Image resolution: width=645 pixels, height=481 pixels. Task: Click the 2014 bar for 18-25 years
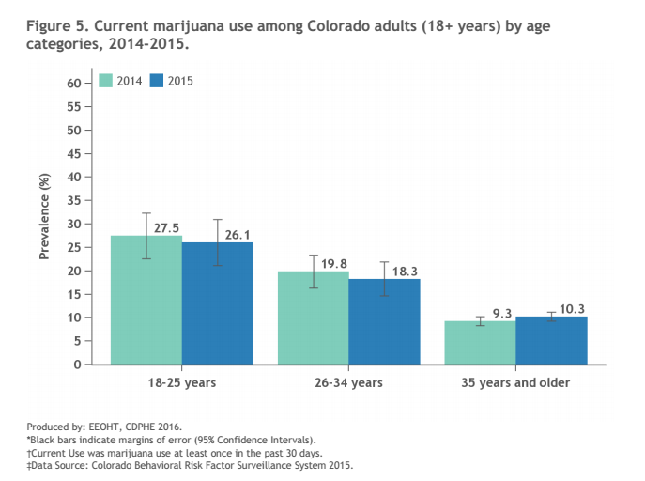coord(146,300)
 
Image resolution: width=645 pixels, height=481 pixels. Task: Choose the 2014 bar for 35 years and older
coord(480,342)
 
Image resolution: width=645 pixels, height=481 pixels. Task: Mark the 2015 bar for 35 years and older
coord(551,340)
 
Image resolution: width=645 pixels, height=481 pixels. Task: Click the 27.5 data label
coord(168,227)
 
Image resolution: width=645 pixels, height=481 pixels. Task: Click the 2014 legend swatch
coord(105,82)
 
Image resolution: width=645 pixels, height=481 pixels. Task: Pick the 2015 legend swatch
coord(157,82)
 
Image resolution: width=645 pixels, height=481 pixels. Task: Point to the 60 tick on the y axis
coord(73,83)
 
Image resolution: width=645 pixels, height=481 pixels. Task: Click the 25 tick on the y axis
coord(73,247)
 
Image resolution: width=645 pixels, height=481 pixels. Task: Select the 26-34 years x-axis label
coord(349,383)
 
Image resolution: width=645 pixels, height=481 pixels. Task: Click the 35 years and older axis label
coord(515,383)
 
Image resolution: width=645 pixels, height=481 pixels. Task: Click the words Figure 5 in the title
coord(58,24)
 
